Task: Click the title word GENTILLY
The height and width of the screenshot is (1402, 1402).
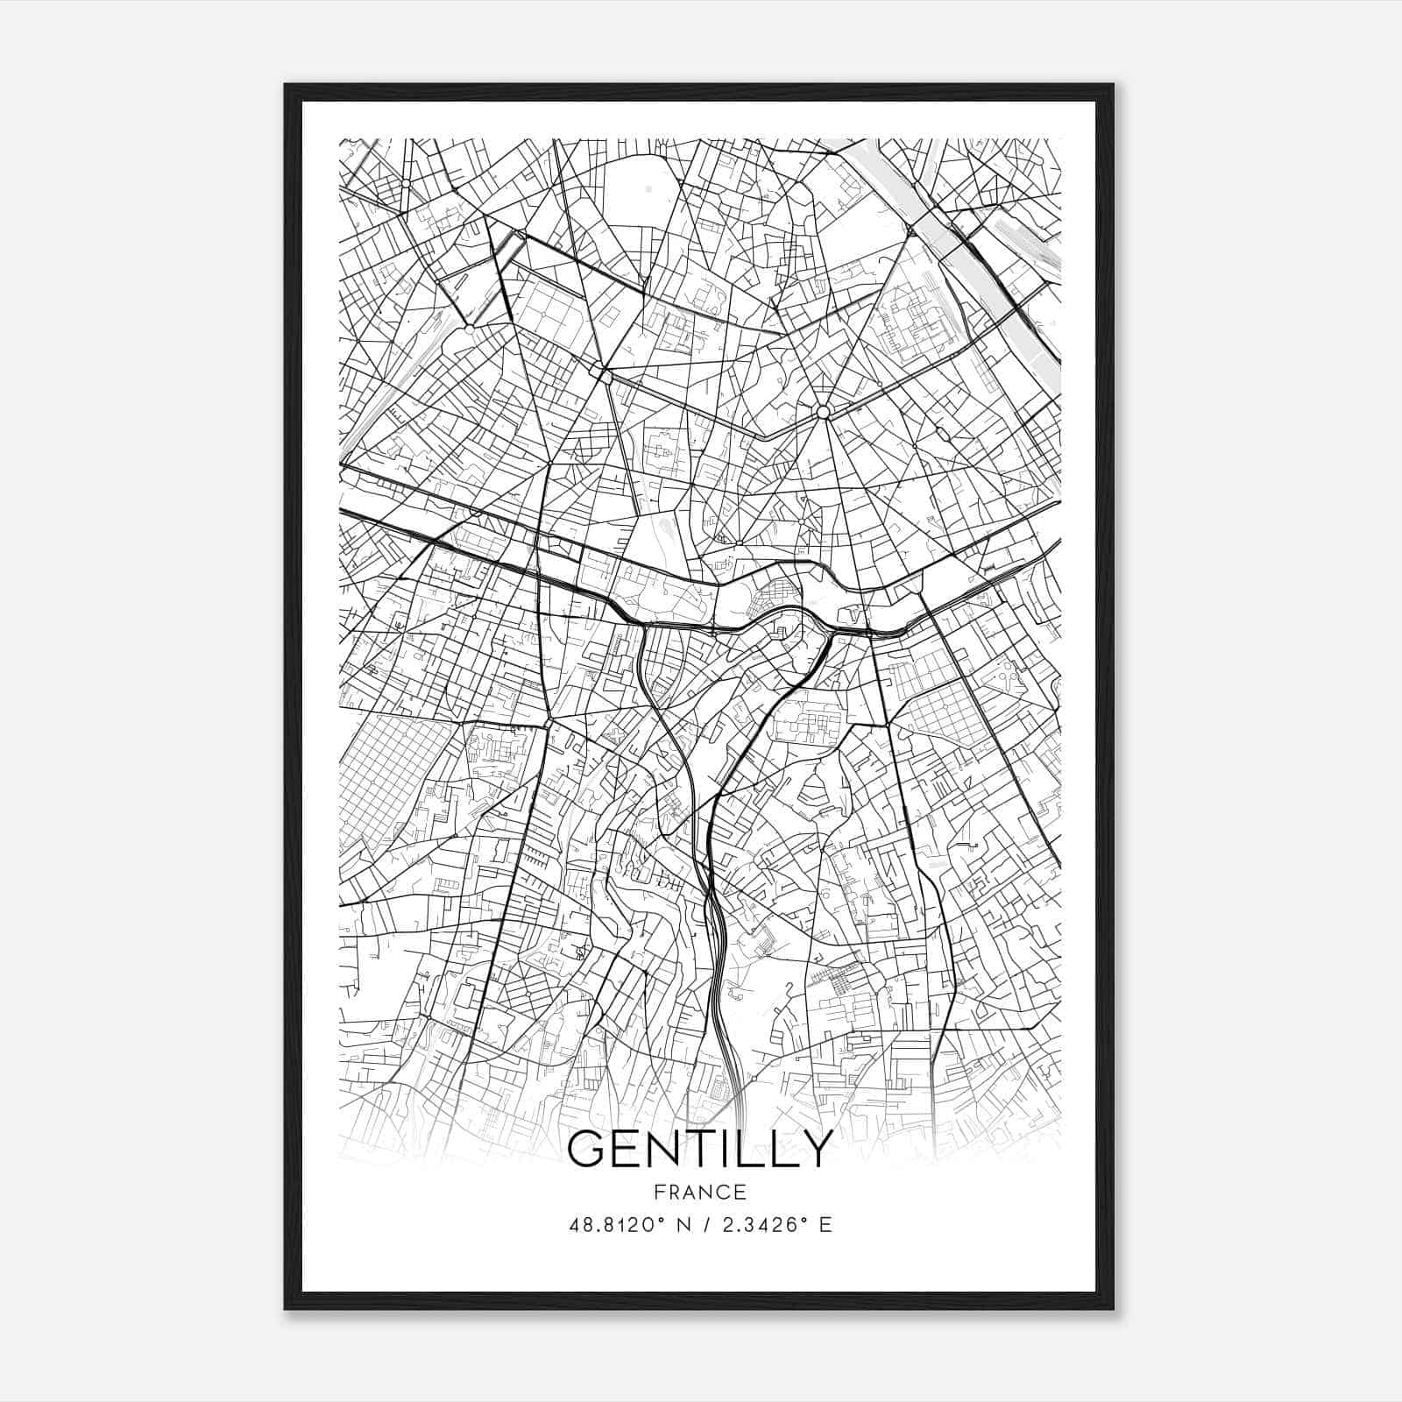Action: tap(699, 1150)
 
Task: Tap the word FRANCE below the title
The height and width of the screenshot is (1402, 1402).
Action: tap(699, 1192)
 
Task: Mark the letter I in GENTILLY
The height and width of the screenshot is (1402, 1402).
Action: tap(730, 1150)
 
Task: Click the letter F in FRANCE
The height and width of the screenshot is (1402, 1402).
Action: tap(657, 1192)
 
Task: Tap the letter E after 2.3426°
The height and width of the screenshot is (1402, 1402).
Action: tap(825, 1225)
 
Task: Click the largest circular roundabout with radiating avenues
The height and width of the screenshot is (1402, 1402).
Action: tap(822, 412)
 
